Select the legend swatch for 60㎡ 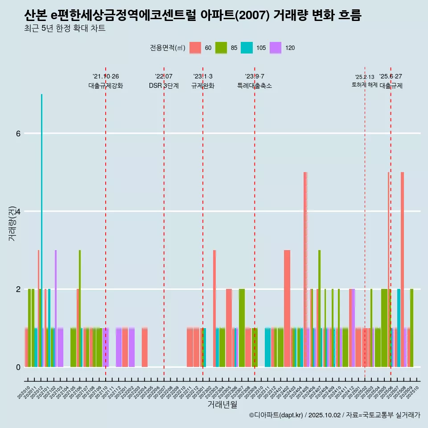click(x=196, y=48)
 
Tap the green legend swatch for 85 click(x=221, y=48)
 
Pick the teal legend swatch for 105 click(x=247, y=48)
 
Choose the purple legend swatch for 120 click(x=276, y=48)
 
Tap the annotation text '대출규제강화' click(x=106, y=86)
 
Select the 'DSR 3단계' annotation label click(x=164, y=86)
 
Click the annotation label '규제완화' click(x=203, y=86)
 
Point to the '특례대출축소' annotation click(x=255, y=86)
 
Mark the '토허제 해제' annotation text click(x=365, y=85)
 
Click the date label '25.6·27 click(x=391, y=76)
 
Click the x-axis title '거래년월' click(x=222, y=404)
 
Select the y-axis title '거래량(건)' click(x=12, y=223)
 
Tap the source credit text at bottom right click(x=334, y=415)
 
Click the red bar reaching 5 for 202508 click(x=402, y=267)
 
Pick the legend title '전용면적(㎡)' click(x=168, y=48)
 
